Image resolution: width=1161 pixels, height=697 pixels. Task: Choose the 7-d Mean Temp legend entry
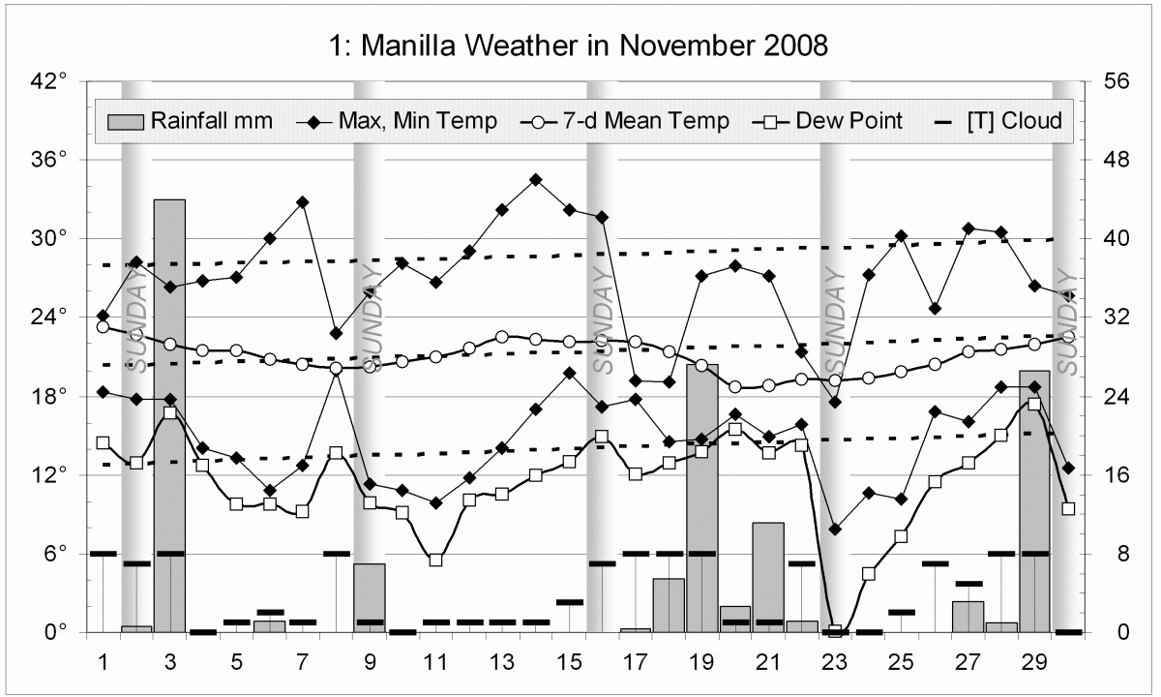(x=623, y=121)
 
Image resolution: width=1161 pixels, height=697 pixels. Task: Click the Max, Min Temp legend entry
(x=401, y=121)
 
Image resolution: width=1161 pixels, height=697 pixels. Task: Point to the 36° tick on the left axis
(x=48, y=160)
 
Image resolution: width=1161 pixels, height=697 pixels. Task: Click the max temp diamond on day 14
(x=535, y=179)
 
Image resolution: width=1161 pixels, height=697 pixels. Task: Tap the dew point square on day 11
(x=435, y=560)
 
